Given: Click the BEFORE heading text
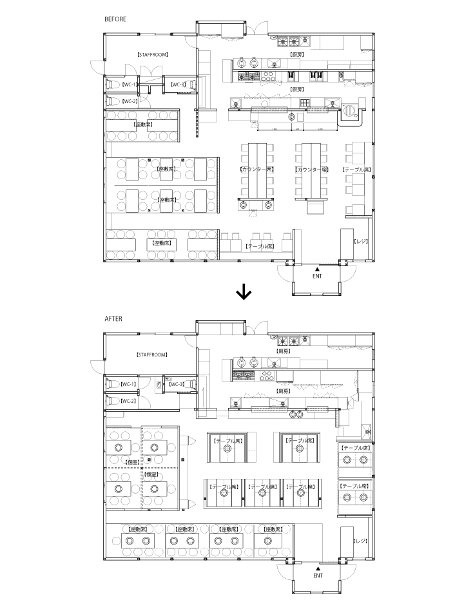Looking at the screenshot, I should coord(115,19).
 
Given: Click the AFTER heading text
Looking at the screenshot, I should coord(113,318).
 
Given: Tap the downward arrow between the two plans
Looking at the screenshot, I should coord(244,293).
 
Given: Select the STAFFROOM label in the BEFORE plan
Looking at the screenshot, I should coord(153,55).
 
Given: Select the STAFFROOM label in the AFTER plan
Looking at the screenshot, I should coord(152,354).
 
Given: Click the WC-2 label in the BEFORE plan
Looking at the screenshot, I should coord(129,101).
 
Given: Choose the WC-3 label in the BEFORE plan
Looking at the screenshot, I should coord(178,84).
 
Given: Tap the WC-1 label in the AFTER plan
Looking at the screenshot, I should coord(129,384).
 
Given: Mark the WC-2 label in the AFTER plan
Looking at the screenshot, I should coord(129,401).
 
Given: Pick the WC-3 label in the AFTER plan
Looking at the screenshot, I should coord(177,384).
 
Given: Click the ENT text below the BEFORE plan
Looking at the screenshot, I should coord(317,275).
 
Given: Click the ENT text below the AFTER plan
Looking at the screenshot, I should coord(317,575).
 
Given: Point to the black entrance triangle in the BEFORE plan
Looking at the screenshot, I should coord(317,267).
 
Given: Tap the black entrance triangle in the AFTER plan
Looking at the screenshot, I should coord(317,567).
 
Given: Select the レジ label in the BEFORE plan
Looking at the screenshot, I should coord(360,240).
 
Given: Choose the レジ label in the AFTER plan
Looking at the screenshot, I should coord(360,540).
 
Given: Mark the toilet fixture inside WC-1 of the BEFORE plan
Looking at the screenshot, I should coord(111,84).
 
